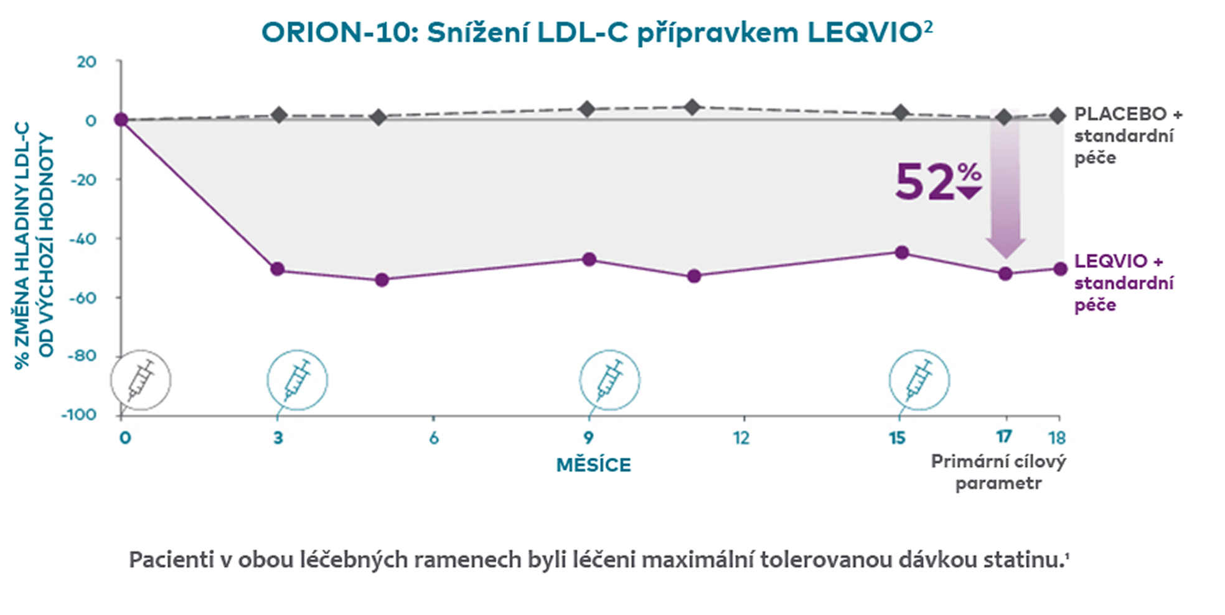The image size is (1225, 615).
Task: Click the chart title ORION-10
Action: coord(596,32)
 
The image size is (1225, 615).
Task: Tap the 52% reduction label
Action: coord(937,182)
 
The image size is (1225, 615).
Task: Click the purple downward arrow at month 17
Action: coord(1005,187)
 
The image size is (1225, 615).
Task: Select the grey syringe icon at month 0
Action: coord(141,380)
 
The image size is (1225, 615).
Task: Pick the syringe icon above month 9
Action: coord(609,380)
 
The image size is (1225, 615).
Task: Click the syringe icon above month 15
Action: coord(919,380)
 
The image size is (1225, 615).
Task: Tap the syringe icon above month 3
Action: coord(297,380)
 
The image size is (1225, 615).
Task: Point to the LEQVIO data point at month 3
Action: coord(278,269)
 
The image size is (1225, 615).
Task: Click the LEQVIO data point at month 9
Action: coord(589,259)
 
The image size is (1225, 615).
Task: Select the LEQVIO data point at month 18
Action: coord(1060,269)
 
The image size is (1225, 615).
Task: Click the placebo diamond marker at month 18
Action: coord(1057,116)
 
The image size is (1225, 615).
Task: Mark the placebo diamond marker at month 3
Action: coord(279,115)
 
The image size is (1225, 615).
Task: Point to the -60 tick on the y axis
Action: coord(83,298)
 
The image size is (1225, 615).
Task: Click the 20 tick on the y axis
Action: coord(87,62)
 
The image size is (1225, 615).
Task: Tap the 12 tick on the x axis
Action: coord(741,438)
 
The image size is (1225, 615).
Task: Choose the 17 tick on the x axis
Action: coord(1003,437)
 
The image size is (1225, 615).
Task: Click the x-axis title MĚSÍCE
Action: coord(593,465)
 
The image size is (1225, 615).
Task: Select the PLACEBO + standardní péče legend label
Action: coord(1127,136)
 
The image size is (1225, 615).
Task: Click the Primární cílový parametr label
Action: coord(998,472)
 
